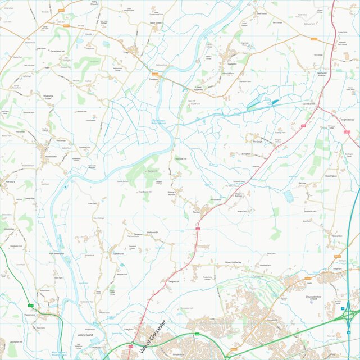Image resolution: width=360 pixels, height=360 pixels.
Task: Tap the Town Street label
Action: click(155, 23)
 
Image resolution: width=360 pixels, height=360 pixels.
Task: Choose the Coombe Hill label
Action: click(310, 104)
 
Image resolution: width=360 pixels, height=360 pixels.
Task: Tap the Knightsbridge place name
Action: click(348, 120)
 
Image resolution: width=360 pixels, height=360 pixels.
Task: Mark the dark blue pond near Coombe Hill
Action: click(275, 102)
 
